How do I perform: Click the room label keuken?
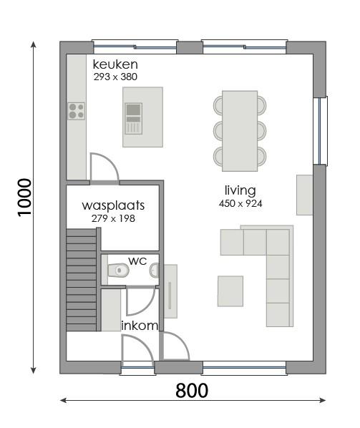[x=115, y=64]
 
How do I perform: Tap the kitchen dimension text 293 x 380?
[x=115, y=77]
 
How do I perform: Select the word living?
[x=240, y=190]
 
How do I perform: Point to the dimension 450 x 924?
[x=240, y=204]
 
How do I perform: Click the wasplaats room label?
[x=113, y=206]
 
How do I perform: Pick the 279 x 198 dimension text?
[x=113, y=218]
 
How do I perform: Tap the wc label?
[x=137, y=261]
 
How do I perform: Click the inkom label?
[x=140, y=326]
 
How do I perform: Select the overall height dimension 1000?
[x=24, y=198]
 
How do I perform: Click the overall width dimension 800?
[x=192, y=391]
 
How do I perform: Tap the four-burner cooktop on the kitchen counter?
[x=76, y=111]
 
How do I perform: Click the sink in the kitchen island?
[x=133, y=119]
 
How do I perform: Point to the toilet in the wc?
[x=118, y=271]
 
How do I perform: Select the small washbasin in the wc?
[x=154, y=271]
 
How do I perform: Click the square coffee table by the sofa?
[x=230, y=291]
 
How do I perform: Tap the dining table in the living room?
[x=240, y=131]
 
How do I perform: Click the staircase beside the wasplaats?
[x=82, y=280]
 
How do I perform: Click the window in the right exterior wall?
[x=320, y=131]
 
